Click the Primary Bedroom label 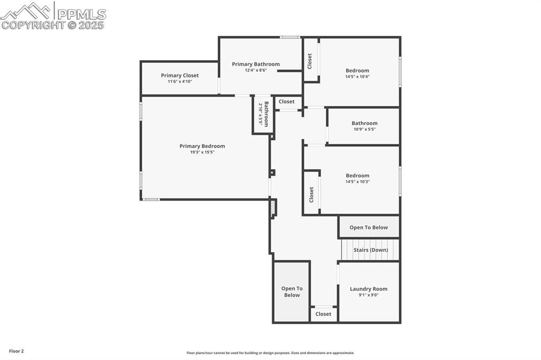(x=202, y=146)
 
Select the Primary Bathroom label (x=256, y=64)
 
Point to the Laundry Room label (x=368, y=289)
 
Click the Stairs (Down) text (x=370, y=250)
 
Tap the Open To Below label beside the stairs (x=368, y=228)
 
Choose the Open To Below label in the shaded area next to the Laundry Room (x=292, y=292)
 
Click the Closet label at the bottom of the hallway (x=323, y=314)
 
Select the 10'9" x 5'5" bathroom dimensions (x=365, y=129)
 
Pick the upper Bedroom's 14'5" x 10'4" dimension (x=357, y=77)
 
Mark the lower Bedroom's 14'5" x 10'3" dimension (x=357, y=182)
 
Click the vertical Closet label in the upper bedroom (x=310, y=61)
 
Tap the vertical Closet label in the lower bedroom (x=311, y=194)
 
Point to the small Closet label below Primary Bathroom (x=286, y=102)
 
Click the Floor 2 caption (x=16, y=351)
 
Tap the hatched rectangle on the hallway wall (x=273, y=208)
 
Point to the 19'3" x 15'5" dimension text (x=202, y=152)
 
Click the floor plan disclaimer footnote (x=270, y=353)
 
